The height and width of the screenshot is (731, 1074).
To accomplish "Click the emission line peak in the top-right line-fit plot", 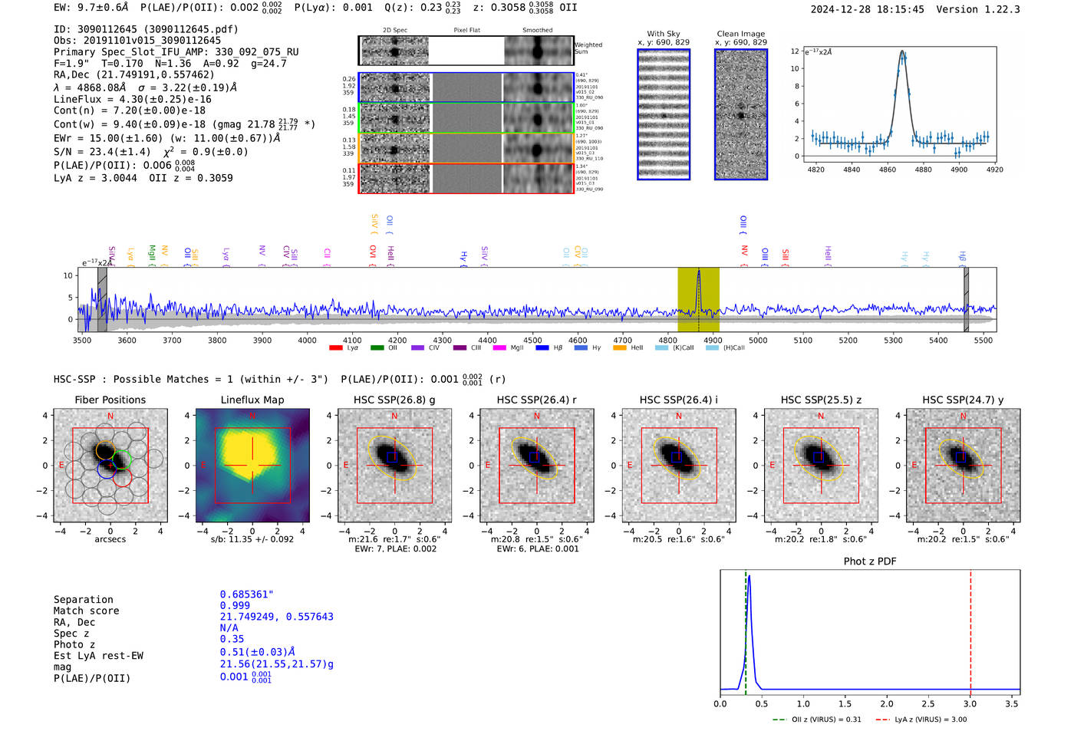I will click(903, 53).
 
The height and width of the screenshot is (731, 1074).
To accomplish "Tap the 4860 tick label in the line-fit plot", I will click(887, 170).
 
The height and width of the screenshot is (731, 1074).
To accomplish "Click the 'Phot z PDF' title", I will click(870, 561).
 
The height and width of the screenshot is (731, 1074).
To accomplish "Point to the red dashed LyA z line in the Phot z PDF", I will click(970, 629).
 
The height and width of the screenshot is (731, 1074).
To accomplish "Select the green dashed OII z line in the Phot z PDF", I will click(746, 629).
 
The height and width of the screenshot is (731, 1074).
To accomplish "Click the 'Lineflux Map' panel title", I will click(252, 400).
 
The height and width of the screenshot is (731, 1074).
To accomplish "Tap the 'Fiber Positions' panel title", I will click(110, 400).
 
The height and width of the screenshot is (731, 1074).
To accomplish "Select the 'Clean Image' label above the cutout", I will click(740, 34).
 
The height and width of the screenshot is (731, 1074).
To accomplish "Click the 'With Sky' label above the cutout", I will click(664, 34).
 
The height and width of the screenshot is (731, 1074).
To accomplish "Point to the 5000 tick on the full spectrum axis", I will click(758, 340).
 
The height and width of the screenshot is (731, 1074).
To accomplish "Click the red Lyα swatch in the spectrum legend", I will click(335, 348).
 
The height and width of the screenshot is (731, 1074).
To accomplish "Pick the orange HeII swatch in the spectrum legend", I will click(620, 348).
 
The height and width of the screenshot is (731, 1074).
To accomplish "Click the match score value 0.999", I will click(235, 606).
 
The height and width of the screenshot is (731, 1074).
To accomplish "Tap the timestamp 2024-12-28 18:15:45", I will click(867, 10).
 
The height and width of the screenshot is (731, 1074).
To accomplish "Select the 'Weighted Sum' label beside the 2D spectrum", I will click(588, 48).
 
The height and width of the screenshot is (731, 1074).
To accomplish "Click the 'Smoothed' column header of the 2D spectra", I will click(537, 31).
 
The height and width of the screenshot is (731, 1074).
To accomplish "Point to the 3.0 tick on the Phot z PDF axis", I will click(970, 703).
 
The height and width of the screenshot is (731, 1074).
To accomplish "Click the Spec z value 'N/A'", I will click(229, 628).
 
